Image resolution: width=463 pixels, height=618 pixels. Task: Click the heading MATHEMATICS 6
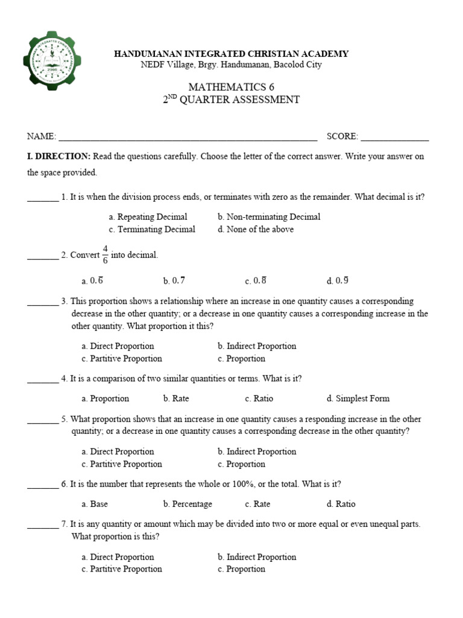point(231,87)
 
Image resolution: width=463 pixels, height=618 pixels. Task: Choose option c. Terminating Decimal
point(152,229)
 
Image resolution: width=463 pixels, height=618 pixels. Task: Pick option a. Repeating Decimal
point(148,217)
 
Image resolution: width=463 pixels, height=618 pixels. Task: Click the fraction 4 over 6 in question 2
point(105,255)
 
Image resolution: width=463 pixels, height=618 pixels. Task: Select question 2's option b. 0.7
point(174,281)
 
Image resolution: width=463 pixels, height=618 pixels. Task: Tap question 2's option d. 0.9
point(338,281)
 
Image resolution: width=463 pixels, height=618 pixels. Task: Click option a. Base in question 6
point(95,504)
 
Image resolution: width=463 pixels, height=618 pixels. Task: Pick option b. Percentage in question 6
point(187,504)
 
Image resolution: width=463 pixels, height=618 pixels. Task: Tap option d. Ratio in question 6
point(341,504)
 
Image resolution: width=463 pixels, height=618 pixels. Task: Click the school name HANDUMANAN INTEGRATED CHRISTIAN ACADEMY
point(231,54)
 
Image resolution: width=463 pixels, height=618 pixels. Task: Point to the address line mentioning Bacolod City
point(231,65)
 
